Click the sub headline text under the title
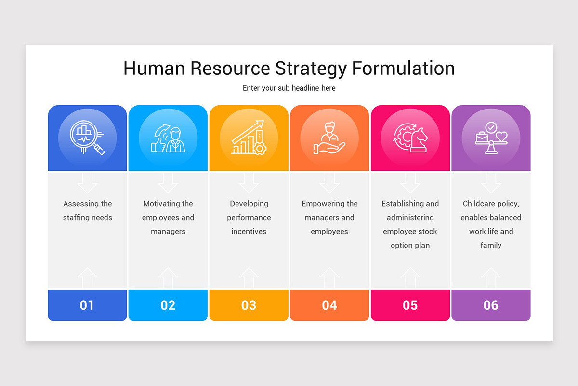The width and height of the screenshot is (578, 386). (x=289, y=88)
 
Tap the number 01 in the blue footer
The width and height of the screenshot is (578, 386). (x=87, y=305)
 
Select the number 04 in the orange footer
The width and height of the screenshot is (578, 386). (x=329, y=305)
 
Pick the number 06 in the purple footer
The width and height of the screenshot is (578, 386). (x=491, y=305)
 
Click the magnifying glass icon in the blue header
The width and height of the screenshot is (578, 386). (x=87, y=138)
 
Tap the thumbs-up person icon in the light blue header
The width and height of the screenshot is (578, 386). (x=168, y=139)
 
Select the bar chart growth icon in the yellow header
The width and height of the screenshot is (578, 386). (x=249, y=138)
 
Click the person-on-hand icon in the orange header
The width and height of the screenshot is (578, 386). (x=329, y=138)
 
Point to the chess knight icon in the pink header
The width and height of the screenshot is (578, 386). (x=410, y=138)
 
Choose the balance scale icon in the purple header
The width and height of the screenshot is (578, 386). (x=491, y=138)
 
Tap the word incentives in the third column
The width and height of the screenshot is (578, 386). (x=249, y=232)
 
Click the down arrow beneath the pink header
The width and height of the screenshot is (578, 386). (x=410, y=182)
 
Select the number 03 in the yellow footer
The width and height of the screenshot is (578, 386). (x=249, y=305)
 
